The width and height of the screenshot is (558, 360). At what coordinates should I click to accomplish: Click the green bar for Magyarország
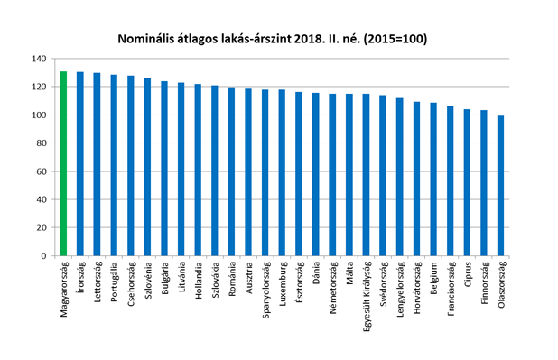(63, 163)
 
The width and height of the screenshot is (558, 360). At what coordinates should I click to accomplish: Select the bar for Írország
(80, 163)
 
